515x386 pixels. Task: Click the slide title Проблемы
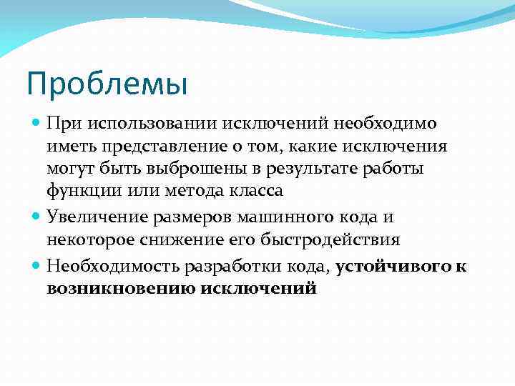(107, 84)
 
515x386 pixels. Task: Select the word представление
(167, 147)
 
